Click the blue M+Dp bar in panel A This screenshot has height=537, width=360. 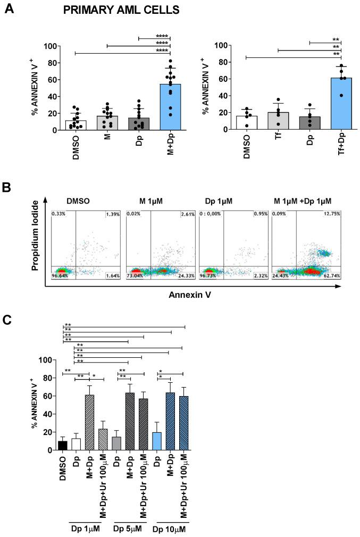pos(170,106)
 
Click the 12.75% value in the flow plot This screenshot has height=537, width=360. pos(330,213)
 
